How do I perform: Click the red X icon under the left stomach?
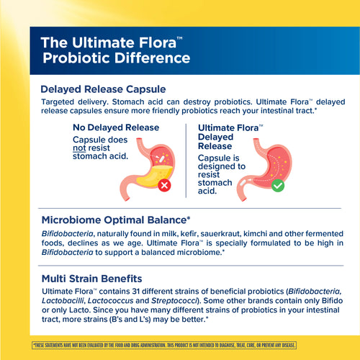165,185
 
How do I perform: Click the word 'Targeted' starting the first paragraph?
61,103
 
